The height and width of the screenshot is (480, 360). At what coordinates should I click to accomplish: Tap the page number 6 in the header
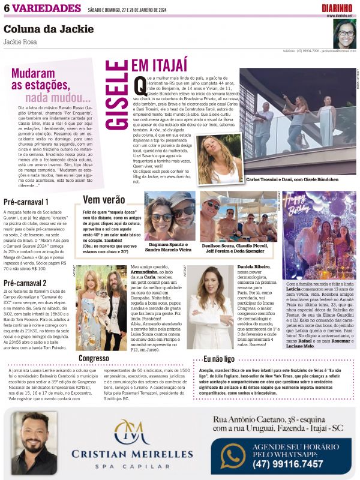[7, 8]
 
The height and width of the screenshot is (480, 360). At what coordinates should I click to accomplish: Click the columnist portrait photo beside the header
[344, 34]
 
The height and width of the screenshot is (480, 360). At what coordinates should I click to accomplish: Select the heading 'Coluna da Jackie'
[49, 29]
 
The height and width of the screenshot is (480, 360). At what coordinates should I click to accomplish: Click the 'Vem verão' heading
[104, 200]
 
